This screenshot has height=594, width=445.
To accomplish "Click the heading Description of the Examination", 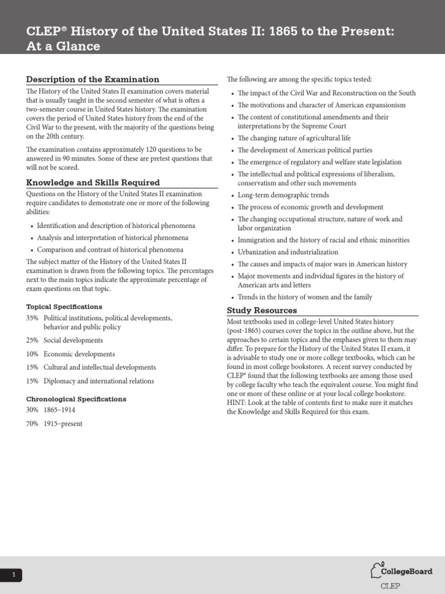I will [92, 79].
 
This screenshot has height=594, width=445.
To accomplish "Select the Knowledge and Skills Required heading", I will [93, 183].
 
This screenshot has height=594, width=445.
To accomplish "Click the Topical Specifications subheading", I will [64, 306].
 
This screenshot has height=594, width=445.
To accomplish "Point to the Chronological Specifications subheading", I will [75, 399].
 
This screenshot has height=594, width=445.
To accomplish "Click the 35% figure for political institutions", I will [32, 318].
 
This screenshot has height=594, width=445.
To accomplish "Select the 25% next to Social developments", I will [32, 341].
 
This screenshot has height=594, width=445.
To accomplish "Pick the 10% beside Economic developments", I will [32, 354].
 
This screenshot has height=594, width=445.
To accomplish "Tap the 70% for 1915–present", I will [32, 423].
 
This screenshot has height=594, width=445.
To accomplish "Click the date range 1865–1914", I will [59, 410].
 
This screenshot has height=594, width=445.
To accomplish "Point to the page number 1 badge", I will [13, 575].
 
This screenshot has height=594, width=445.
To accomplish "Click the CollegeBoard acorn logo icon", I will [377, 570].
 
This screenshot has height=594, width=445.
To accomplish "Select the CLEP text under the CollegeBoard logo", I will [390, 586].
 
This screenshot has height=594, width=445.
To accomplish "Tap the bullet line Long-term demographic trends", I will [283, 195].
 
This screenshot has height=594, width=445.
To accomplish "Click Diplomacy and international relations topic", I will [99, 381].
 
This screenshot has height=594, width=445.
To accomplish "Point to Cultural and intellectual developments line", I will [100, 367].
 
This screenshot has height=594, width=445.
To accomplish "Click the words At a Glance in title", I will [63, 46].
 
